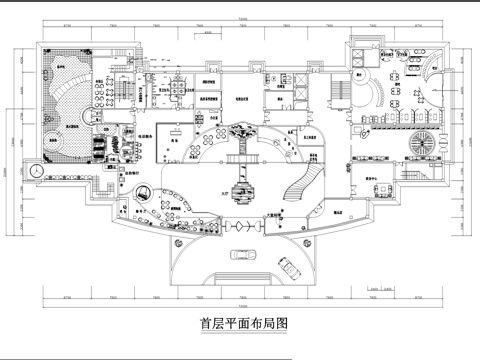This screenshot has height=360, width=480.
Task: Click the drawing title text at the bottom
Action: pos(239,323)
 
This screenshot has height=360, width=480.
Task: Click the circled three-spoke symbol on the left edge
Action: pos(36,171)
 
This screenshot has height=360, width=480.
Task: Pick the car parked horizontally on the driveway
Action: pos(240,254)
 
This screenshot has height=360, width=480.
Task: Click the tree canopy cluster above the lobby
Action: pos(239,127)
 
